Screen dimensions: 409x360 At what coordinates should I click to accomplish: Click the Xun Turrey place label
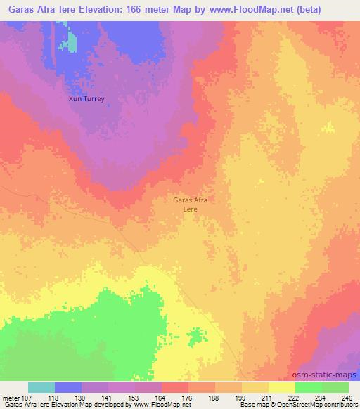86,99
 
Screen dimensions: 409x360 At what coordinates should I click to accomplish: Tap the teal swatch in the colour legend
41,387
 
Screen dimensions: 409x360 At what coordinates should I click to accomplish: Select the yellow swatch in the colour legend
282,387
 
